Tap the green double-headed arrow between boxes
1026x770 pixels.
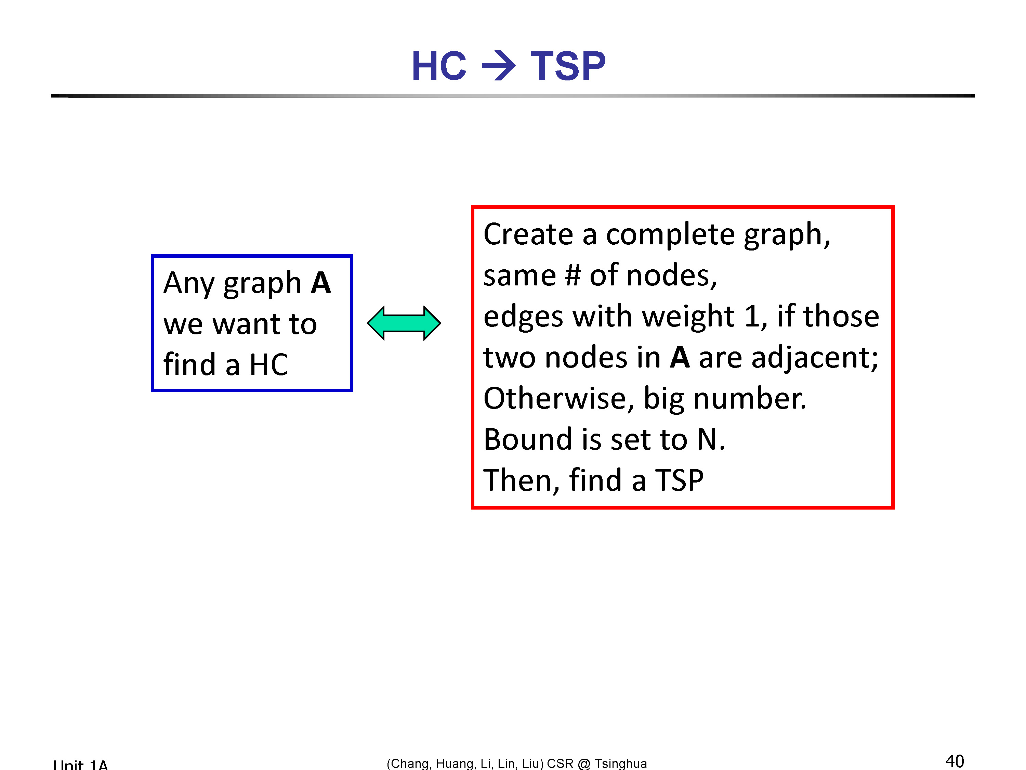404,323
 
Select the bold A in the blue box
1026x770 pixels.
321,283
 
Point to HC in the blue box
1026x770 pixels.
269,364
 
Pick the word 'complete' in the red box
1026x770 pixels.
671,234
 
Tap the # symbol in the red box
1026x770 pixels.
573,275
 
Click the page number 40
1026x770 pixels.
955,761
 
